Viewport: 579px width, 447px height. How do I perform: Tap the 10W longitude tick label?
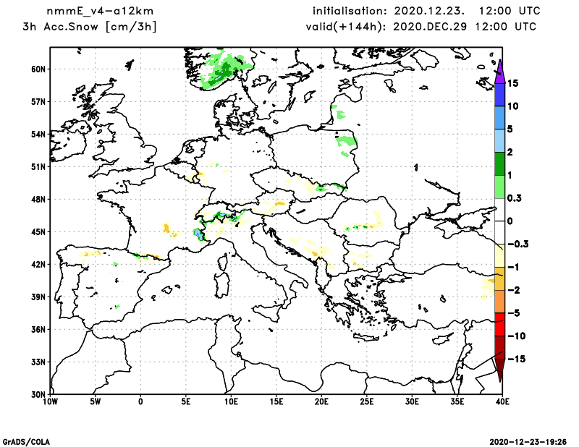[x=50, y=400]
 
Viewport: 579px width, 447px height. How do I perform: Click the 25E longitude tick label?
[x=367, y=400]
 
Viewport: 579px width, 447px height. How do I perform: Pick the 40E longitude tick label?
[x=499, y=400]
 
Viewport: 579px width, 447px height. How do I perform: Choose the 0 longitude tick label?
[x=140, y=400]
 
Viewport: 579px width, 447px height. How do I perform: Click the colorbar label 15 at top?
[x=514, y=83]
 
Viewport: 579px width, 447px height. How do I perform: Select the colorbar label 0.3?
[x=516, y=197]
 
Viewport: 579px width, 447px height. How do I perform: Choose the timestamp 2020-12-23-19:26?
[x=528, y=440]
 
